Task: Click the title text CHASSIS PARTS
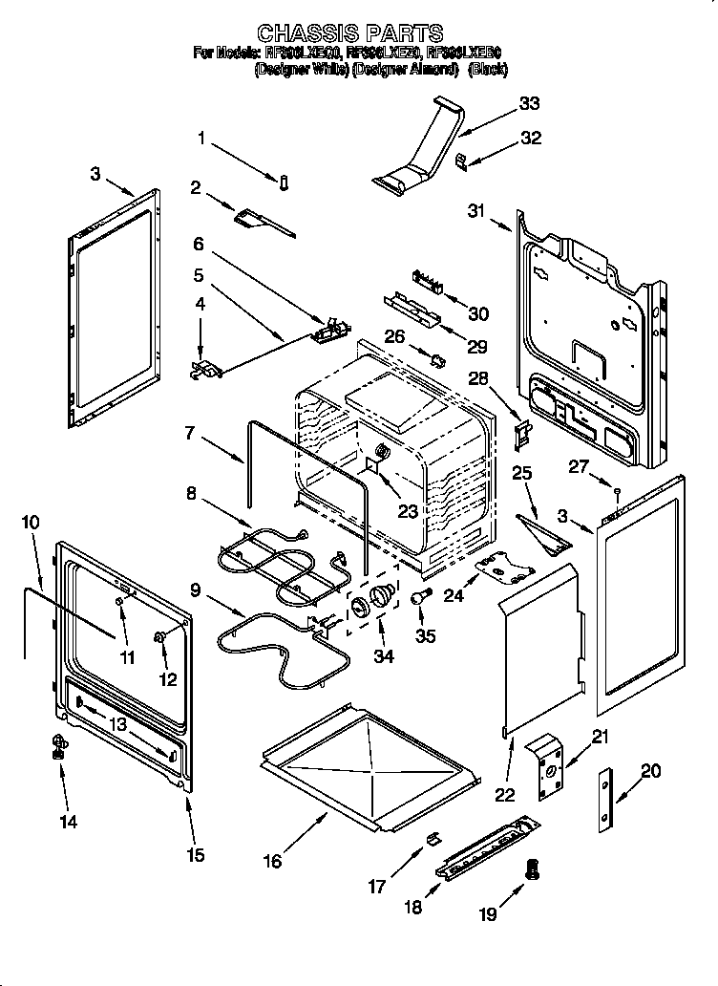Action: (x=350, y=34)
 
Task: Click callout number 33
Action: (x=528, y=103)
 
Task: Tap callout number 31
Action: (x=477, y=212)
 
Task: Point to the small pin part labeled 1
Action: (x=285, y=182)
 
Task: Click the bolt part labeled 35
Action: (x=418, y=597)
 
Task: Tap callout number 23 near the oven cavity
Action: (x=408, y=511)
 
